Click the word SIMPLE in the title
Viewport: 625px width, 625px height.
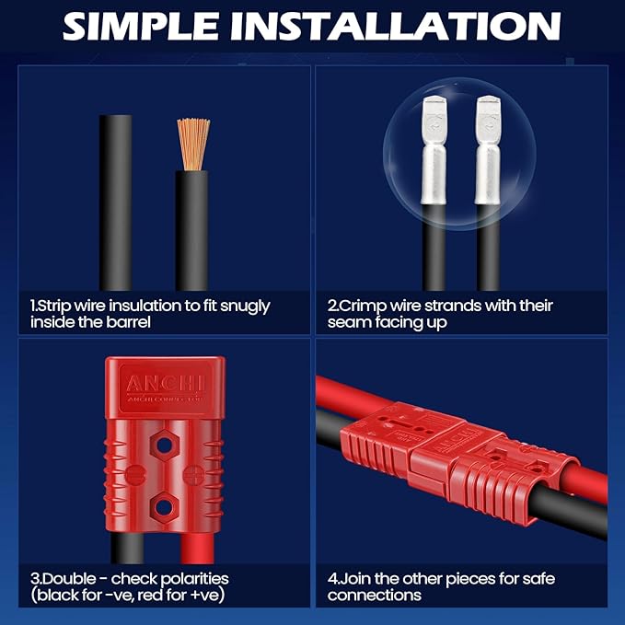tap(140, 26)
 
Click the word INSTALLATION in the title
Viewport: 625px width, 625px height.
tap(396, 26)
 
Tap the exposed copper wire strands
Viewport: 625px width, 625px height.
tap(193, 145)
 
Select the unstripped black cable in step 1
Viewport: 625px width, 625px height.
tap(116, 203)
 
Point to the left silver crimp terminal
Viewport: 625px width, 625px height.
tap(434, 150)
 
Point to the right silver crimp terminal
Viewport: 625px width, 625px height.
tap(488, 150)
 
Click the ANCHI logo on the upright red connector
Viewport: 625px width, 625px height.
tap(166, 384)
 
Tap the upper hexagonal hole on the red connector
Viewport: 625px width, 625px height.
tap(164, 446)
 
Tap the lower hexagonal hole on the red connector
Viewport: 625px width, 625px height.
tap(164, 507)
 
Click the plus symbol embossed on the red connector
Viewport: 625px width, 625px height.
tap(193, 475)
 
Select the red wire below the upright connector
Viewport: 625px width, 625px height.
tap(197, 549)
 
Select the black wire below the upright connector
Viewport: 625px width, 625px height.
tap(127, 548)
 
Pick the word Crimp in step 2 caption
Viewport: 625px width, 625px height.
tap(363, 307)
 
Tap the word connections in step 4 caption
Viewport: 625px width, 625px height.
tap(375, 596)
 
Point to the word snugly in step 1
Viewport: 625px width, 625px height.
tap(245, 307)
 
